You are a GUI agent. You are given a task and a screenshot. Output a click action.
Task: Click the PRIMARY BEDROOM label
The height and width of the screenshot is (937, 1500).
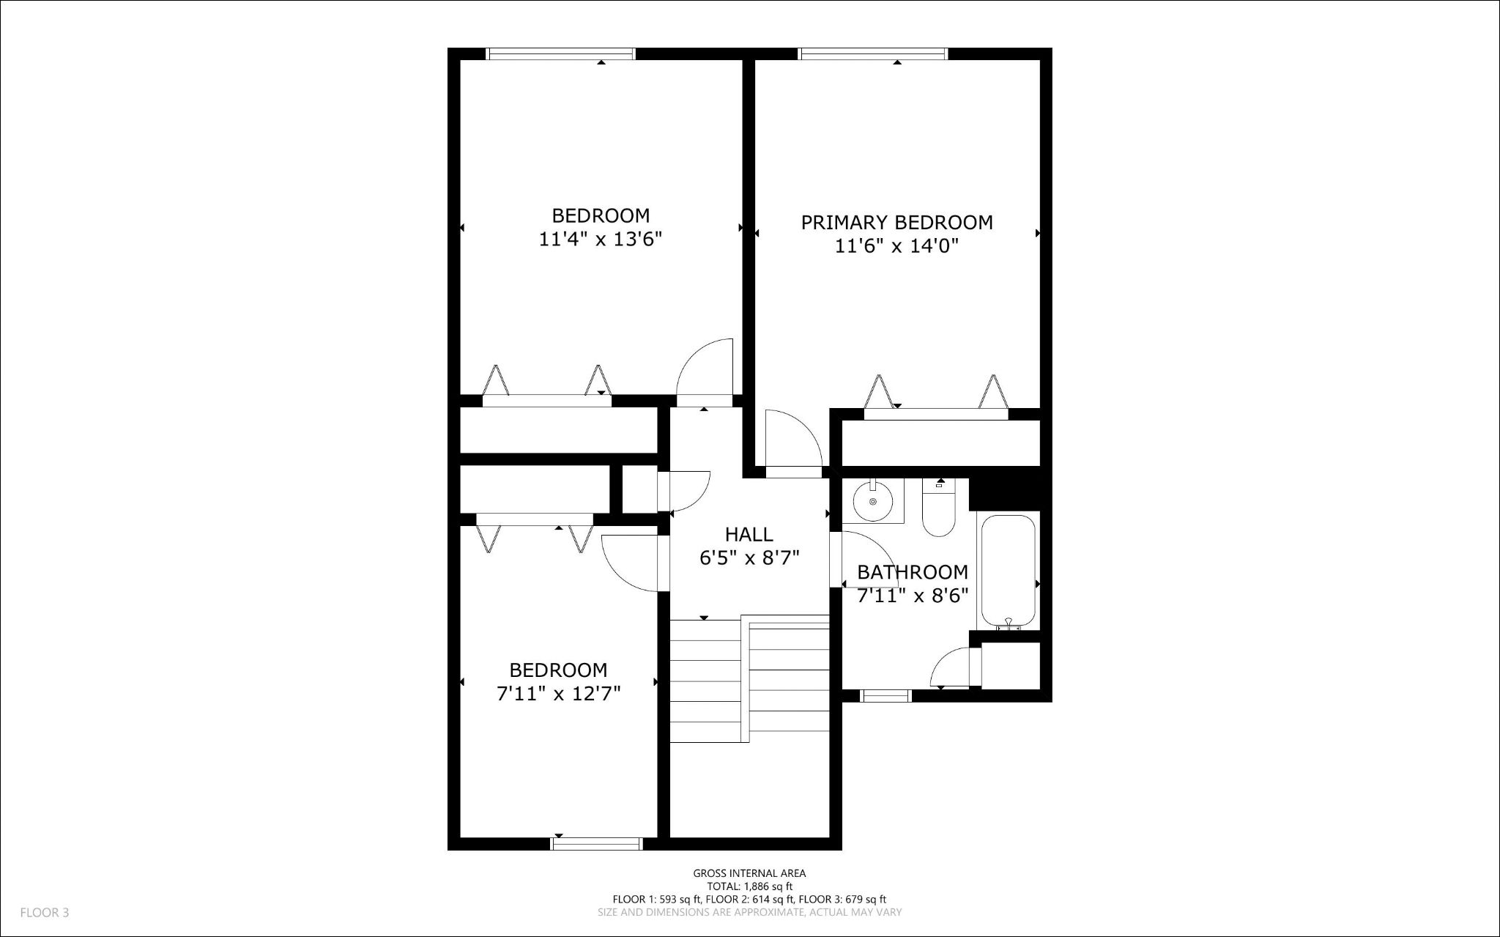[896, 222]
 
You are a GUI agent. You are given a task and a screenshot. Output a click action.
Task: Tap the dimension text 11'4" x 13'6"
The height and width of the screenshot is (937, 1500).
[601, 240]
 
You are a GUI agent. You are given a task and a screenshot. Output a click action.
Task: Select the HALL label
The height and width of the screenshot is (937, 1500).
[749, 534]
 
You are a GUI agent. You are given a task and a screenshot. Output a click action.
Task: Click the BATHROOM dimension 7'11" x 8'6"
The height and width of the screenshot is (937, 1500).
[913, 595]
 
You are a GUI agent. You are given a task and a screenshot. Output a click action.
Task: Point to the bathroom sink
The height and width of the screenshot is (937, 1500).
[872, 500]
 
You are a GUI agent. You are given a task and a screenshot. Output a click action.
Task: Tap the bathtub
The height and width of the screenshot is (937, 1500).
[1008, 569]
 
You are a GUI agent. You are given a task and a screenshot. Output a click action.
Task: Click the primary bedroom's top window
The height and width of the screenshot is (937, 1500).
[872, 53]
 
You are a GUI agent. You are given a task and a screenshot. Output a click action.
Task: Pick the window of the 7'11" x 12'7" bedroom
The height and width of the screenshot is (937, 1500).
[596, 844]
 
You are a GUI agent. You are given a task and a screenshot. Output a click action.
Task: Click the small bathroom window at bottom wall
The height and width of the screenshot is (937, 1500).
[885, 696]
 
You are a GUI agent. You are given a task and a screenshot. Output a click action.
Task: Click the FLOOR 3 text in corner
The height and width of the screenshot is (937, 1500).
[45, 913]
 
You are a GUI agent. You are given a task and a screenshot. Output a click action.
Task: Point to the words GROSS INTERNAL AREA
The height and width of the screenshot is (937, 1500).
[749, 873]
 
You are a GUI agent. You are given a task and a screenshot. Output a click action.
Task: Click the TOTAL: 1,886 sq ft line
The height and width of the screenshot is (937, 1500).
[749, 886]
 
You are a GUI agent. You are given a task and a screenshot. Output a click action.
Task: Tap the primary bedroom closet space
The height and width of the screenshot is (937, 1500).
[940, 443]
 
